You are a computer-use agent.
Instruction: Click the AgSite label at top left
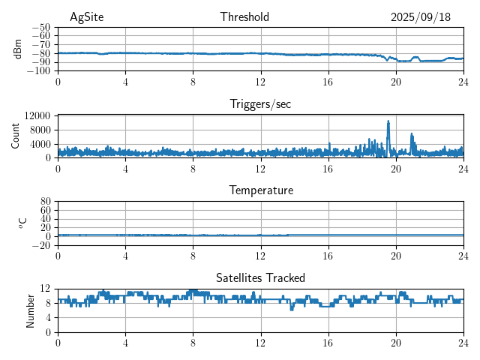[86, 17]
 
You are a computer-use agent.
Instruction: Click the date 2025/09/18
[420, 17]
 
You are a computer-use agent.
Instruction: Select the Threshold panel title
[244, 17]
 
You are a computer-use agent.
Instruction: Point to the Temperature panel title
[260, 190]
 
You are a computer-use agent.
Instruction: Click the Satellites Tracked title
[260, 277]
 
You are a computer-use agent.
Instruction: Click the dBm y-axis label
[18, 49]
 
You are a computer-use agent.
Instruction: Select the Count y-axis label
[16, 136]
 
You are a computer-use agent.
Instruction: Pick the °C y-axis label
[22, 223]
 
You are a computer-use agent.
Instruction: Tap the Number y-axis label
[31, 310]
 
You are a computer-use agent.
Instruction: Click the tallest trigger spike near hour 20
[388, 121]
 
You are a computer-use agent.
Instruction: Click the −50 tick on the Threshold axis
[40, 28]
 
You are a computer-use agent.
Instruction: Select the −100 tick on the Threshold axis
[38, 71]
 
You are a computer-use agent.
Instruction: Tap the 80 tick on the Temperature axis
[45, 202]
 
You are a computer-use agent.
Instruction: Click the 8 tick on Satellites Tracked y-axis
[47, 303]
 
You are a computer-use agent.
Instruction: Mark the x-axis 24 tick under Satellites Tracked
[463, 343]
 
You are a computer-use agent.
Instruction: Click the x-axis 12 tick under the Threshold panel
[260, 82]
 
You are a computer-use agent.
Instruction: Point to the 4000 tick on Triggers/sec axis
[40, 144]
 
